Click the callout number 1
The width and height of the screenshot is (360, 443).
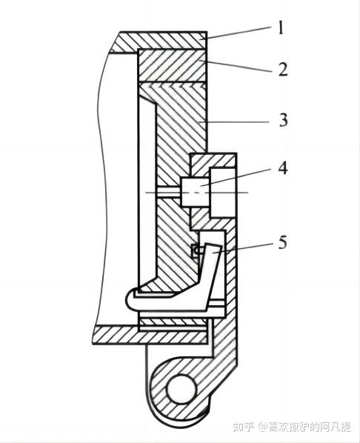pyautogui.click(x=280, y=29)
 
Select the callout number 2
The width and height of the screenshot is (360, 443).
pyautogui.click(x=282, y=69)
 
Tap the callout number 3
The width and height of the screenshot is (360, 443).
pyautogui.click(x=283, y=120)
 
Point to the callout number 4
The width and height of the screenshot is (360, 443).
pyautogui.click(x=283, y=168)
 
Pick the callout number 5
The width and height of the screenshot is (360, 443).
pyautogui.click(x=282, y=243)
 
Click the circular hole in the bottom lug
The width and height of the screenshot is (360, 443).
pyautogui.click(x=181, y=389)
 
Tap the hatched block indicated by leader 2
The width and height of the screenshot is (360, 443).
pyautogui.click(x=172, y=65)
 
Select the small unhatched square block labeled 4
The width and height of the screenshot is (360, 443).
pyautogui.click(x=195, y=192)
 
